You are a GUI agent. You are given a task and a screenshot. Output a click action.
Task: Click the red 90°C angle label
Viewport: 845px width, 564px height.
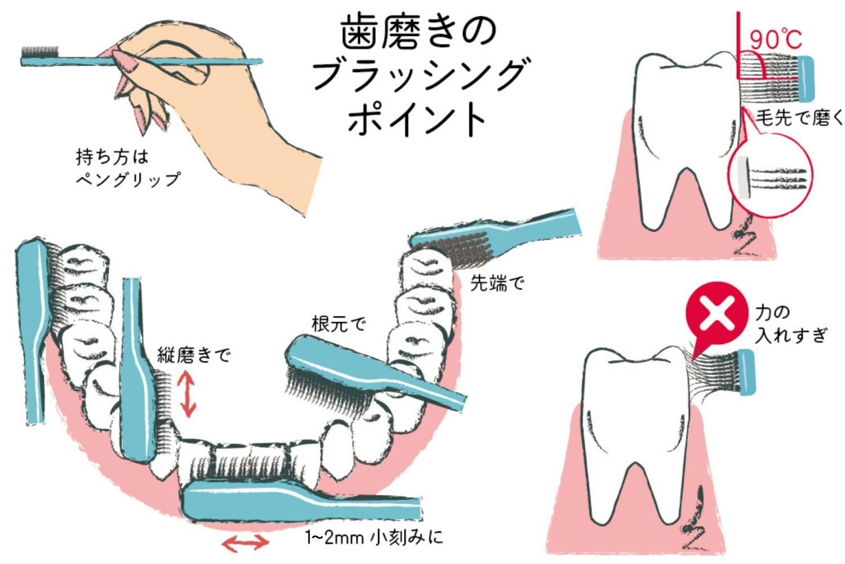pyautogui.click(x=776, y=39)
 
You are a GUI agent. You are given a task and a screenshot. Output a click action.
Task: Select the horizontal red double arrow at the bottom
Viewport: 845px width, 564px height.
pyautogui.click(x=244, y=543)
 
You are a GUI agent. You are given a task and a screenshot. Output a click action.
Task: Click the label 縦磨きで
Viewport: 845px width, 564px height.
pyautogui.click(x=194, y=355)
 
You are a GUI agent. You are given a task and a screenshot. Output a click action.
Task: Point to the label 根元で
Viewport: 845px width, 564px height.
pyautogui.click(x=339, y=324)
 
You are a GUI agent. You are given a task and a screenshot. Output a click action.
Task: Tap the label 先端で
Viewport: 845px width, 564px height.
pyautogui.click(x=497, y=283)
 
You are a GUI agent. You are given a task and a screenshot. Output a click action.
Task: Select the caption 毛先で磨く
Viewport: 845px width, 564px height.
pyautogui.click(x=799, y=117)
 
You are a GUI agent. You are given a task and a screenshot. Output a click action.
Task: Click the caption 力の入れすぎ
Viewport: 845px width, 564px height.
pyautogui.click(x=790, y=324)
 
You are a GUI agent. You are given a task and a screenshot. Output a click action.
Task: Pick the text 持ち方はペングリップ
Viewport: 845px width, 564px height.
pyautogui.click(x=128, y=168)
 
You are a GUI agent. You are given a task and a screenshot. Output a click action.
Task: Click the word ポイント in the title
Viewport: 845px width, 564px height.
pyautogui.click(x=417, y=119)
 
